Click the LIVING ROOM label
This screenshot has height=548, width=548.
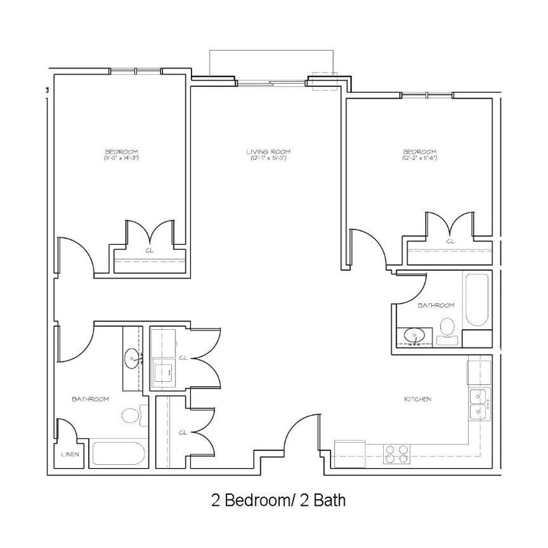tap(266, 152)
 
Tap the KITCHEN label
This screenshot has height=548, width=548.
tap(417, 399)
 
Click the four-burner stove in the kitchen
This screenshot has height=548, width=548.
tap(396, 453)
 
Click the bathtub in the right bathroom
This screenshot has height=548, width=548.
tap(477, 299)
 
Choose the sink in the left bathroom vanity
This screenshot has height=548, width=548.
tap(133, 356)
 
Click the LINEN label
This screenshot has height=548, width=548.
tap(69, 455)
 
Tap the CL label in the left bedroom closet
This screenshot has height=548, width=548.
tap(149, 249)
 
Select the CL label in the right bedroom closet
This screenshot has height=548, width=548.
tap(451, 242)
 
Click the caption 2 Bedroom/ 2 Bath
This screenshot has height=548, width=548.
tap(277, 501)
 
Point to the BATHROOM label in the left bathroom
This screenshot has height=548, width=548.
tap(90, 399)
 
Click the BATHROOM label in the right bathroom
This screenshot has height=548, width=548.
tap(436, 305)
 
